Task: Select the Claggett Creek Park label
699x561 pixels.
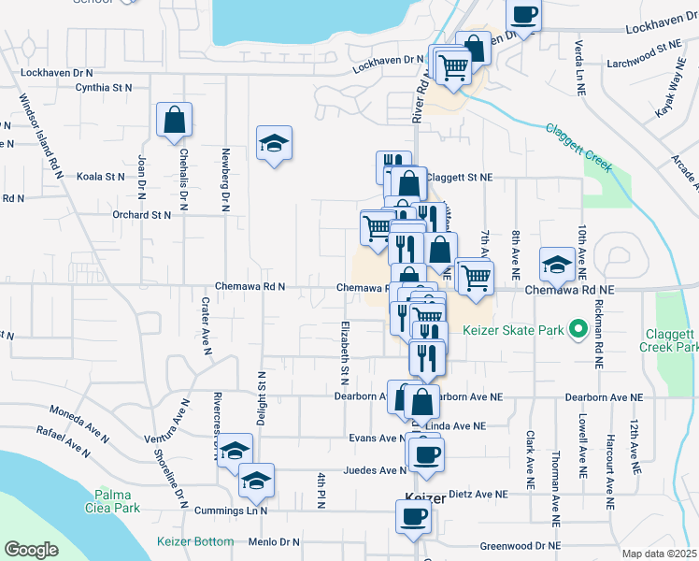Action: tap(669, 340)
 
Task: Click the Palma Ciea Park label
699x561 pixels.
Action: tap(118, 501)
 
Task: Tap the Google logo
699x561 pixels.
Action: tap(31, 550)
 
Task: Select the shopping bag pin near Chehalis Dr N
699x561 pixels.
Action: tap(175, 120)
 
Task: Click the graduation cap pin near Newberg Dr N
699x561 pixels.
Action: tap(275, 143)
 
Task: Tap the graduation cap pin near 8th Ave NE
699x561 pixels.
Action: tap(557, 264)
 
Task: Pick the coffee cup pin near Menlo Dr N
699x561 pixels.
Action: tap(413, 517)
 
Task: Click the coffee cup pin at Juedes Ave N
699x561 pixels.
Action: tap(426, 455)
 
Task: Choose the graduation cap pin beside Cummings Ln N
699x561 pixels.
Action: tap(255, 481)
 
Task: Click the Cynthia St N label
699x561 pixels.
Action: tap(105, 88)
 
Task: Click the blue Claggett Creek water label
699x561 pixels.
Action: tap(578, 147)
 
